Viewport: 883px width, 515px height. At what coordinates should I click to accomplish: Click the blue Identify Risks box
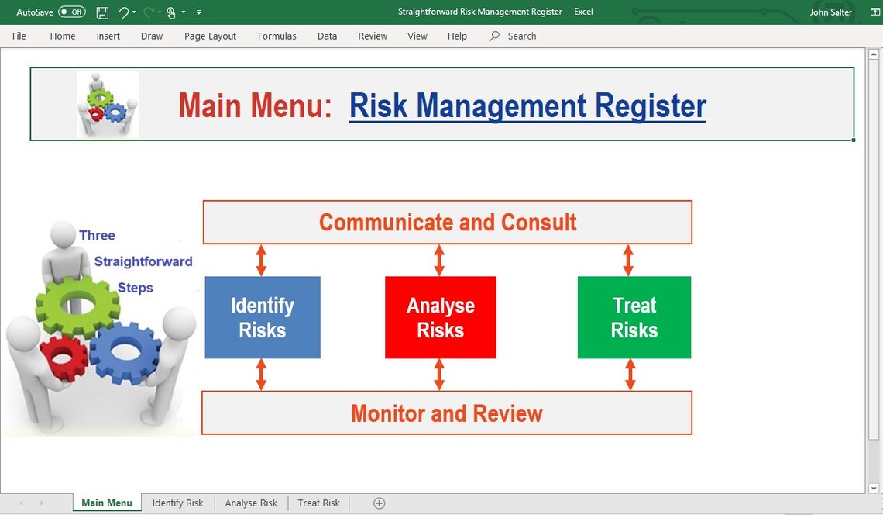pos(262,317)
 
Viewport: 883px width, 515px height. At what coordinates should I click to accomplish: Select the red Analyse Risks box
pos(440,317)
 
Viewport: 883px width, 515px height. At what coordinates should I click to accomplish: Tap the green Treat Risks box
pos(634,317)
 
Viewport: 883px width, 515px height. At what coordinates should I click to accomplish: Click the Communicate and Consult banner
pos(447,223)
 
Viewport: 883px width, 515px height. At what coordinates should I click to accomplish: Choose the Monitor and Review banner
pos(446,413)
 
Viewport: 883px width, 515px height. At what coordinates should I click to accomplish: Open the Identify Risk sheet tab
pos(177,503)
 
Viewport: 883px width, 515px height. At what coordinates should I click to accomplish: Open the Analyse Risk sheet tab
pos(251,503)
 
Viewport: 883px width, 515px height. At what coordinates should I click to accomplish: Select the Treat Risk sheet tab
pos(318,503)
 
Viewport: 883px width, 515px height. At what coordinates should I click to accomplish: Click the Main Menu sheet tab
pos(107,503)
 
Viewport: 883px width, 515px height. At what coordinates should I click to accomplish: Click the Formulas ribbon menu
pos(277,36)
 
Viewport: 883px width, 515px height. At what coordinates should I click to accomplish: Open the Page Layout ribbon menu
pos(210,36)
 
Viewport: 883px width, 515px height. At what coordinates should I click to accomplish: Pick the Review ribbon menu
pos(373,36)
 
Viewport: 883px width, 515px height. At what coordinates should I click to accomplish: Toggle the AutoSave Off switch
pos(72,12)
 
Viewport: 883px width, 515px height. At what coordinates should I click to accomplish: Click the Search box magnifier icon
pos(494,36)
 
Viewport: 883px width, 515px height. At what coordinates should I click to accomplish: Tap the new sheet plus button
pos(379,503)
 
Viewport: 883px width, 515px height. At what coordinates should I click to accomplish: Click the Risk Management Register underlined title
pos(527,106)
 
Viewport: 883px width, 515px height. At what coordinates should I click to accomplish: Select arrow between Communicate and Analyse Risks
pos(439,260)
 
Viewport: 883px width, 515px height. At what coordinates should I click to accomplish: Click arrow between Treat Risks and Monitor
pos(630,374)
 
